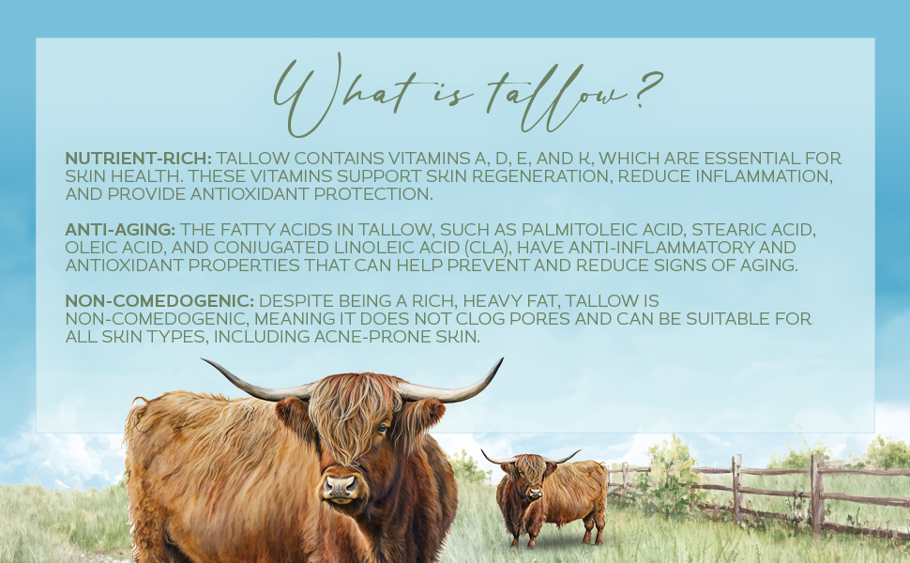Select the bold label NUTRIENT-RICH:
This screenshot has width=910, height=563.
pos(139,158)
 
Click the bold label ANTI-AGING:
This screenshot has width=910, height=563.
pos(120,229)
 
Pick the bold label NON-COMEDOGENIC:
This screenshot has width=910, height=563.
pos(159,300)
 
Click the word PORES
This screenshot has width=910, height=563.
pos(573,319)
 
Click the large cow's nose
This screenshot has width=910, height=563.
pos(340,485)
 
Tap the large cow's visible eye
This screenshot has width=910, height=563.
pos(382,429)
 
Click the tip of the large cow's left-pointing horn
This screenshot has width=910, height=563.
pos(204,359)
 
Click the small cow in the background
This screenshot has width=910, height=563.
pos(554,493)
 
